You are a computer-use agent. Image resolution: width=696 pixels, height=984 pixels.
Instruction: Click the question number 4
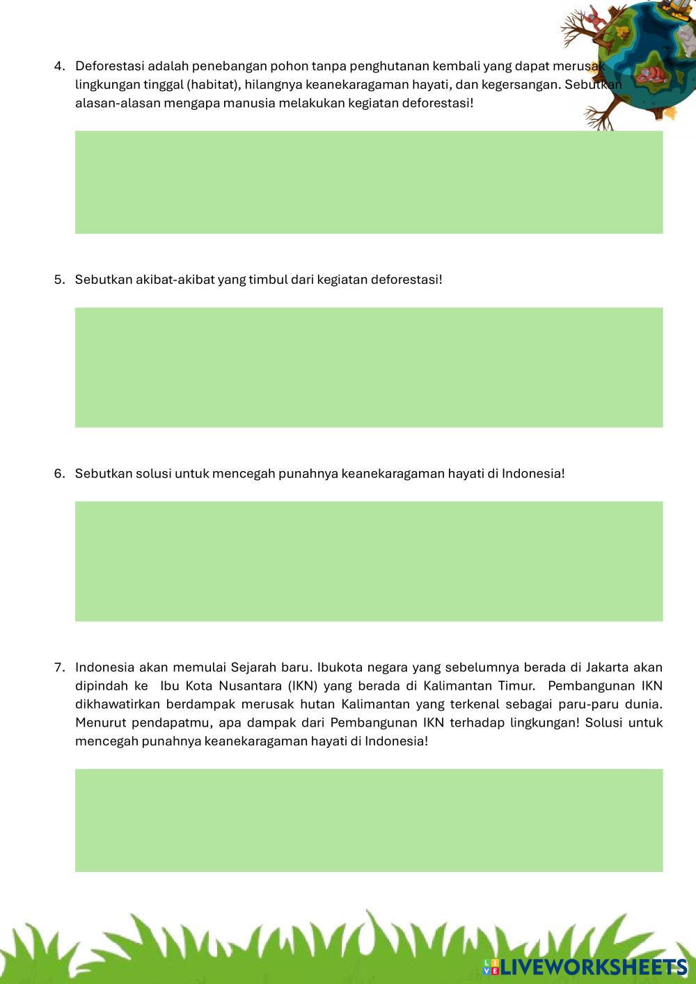(x=59, y=67)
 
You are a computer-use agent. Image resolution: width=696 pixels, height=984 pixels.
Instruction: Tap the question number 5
(x=59, y=280)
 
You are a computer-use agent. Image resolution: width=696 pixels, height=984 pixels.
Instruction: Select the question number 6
(x=59, y=474)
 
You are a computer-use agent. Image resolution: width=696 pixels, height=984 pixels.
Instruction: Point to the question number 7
(x=59, y=668)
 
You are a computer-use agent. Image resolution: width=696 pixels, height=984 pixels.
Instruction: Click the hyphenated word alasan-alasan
(x=113, y=104)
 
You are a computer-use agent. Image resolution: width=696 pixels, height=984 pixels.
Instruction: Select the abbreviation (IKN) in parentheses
(x=302, y=686)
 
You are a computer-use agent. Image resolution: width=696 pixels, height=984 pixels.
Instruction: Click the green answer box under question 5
(x=369, y=367)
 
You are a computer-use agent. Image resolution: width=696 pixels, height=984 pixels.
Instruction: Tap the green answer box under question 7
(x=369, y=820)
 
